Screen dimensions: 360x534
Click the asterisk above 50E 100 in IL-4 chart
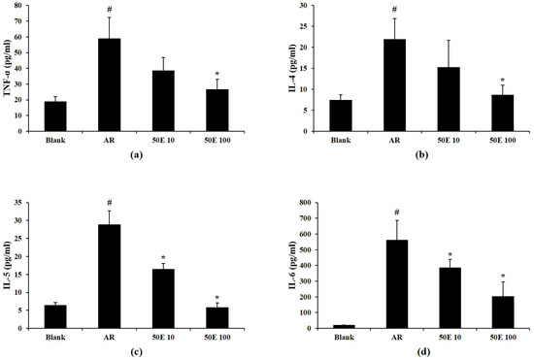coord(501,80)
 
